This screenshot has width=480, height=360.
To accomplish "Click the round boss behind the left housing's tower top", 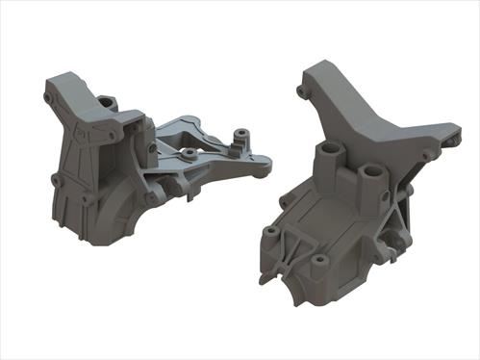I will click(x=107, y=101).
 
